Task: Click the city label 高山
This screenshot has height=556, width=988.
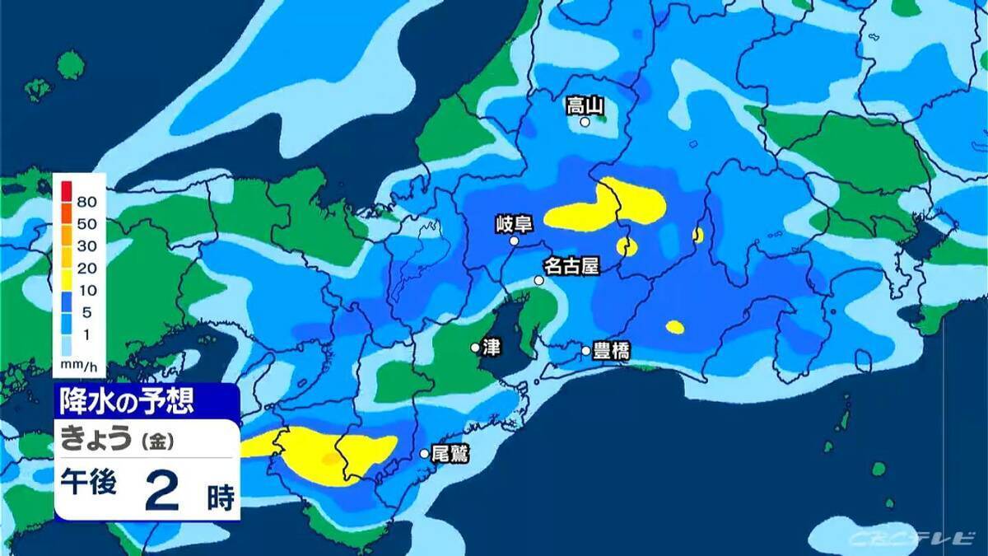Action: coord(585,105)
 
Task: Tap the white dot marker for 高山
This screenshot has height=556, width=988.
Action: coord(585,122)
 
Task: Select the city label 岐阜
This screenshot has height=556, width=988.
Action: coord(515,223)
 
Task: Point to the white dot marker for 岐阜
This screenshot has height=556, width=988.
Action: coord(515,241)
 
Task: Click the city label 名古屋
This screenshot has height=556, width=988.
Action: coord(570,266)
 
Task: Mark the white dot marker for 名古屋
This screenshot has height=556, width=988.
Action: coord(539,281)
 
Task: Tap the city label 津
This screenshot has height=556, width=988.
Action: coord(492,348)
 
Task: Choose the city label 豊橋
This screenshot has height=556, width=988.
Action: coord(612,352)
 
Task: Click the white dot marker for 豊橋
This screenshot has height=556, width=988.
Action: coord(586,351)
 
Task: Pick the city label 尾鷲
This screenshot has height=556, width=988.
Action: coord(450,453)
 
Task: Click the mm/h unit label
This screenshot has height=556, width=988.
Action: coord(78,363)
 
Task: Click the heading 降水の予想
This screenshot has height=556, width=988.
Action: coord(127,402)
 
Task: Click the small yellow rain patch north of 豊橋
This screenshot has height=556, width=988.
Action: coord(675,327)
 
